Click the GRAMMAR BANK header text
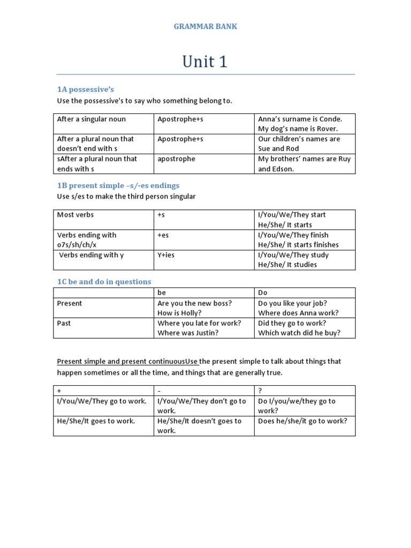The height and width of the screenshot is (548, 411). pyautogui.click(x=205, y=27)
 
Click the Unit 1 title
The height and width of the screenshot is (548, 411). pyautogui.click(x=205, y=62)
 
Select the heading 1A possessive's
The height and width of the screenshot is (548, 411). pyautogui.click(x=86, y=89)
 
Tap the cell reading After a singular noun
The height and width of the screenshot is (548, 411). pyautogui.click(x=92, y=119)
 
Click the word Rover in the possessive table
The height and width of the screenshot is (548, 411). pyautogui.click(x=327, y=129)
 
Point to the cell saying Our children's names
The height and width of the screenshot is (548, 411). pyautogui.click(x=299, y=139)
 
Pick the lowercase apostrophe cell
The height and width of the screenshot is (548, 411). pyautogui.click(x=177, y=159)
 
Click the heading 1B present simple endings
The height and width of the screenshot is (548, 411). pyautogui.click(x=118, y=186)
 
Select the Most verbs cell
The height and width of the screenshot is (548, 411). pyautogui.click(x=75, y=215)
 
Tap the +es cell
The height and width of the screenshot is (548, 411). pyautogui.click(x=163, y=235)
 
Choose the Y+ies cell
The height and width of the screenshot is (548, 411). pyautogui.click(x=166, y=255)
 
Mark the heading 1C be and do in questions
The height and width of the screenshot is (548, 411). pyautogui.click(x=104, y=282)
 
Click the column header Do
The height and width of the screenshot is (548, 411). pyautogui.click(x=263, y=293)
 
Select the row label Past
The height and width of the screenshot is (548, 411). pyautogui.click(x=64, y=323)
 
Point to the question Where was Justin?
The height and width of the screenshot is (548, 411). pyautogui.click(x=188, y=333)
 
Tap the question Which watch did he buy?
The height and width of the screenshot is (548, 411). pyautogui.click(x=299, y=333)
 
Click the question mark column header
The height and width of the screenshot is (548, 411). pyautogui.click(x=260, y=391)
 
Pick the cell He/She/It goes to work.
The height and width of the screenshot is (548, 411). pyautogui.click(x=96, y=421)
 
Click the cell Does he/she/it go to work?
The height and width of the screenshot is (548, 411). pyautogui.click(x=303, y=421)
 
